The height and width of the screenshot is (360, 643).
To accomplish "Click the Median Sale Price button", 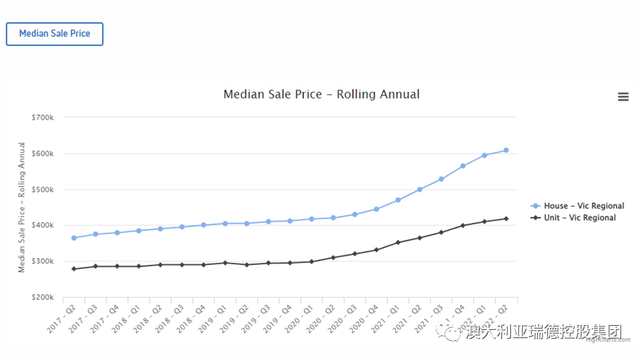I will coord(55,34).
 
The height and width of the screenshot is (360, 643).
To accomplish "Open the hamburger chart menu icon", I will coord(623,97).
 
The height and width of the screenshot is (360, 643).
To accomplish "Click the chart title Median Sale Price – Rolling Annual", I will coord(321,94).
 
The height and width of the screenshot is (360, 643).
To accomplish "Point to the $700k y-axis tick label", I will coord(42,118).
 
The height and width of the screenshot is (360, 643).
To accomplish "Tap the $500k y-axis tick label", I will coord(42,190).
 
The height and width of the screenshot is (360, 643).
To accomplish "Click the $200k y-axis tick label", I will coord(42,298).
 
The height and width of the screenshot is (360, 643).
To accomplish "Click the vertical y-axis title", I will coord(22,207).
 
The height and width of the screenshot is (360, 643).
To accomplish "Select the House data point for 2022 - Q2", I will coord(506,150).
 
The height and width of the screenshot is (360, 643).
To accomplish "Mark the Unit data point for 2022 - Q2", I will coord(506,219).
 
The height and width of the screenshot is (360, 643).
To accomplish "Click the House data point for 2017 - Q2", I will coord(74,238).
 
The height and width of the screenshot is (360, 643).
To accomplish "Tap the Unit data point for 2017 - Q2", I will coord(74,269).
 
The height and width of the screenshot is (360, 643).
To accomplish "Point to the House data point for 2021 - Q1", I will coord(398,200).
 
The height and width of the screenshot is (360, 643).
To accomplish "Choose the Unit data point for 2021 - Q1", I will coord(398,242).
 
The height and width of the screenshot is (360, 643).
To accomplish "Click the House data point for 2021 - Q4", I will coord(463,166).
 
